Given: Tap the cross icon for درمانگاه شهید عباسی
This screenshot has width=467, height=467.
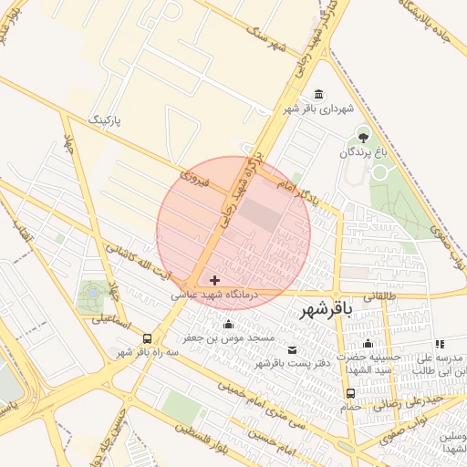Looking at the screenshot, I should coord(214,279).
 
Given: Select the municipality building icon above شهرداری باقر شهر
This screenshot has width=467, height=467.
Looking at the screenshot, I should coord(317,95).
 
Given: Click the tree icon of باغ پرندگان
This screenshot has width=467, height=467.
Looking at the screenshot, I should coord(364,137).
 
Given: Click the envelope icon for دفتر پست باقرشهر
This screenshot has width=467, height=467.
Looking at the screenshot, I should coord(292,350).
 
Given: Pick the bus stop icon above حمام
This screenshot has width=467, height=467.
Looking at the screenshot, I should coord(349,393).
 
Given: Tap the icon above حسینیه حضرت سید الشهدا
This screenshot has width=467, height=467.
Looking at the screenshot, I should coord(368,345).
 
